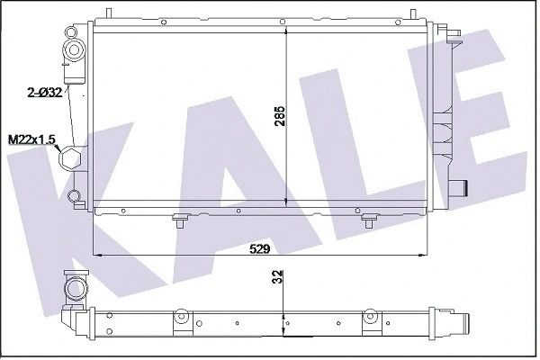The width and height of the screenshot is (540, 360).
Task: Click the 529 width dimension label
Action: [x=260, y=248]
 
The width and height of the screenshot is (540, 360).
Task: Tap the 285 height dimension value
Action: [x=281, y=115]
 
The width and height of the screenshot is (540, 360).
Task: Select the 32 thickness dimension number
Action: [x=279, y=276]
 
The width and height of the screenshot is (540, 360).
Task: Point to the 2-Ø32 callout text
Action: [x=45, y=93]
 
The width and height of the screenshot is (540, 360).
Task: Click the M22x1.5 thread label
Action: [x=31, y=139]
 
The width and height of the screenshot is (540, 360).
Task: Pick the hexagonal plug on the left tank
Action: [x=70, y=158]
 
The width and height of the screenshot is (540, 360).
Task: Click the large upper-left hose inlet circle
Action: [x=74, y=50]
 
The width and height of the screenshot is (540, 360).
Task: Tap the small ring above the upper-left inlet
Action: [x=71, y=32]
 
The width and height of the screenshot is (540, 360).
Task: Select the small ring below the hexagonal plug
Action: [x=74, y=196]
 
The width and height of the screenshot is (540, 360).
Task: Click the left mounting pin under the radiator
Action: [x=181, y=221]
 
